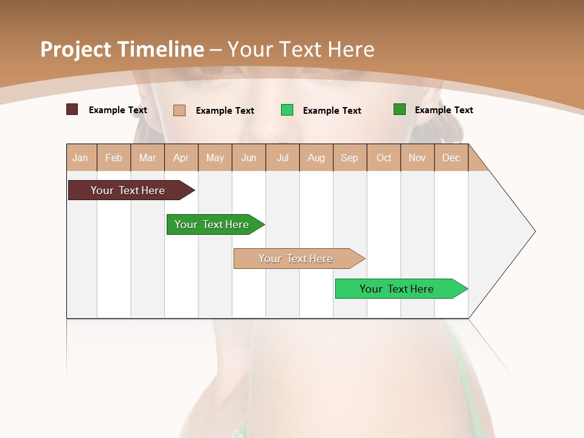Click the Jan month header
click(x=80, y=158)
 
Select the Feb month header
click(x=114, y=158)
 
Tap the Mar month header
click(x=147, y=158)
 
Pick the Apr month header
click(x=181, y=158)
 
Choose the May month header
click(x=215, y=158)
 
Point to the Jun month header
click(x=249, y=158)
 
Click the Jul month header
click(x=282, y=158)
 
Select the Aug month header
click(x=316, y=158)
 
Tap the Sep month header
click(x=350, y=158)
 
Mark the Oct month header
click(x=384, y=158)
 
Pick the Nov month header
click(x=417, y=158)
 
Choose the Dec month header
click(x=451, y=158)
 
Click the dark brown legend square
click(x=72, y=109)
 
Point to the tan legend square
click(x=179, y=110)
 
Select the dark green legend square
click(x=400, y=109)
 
